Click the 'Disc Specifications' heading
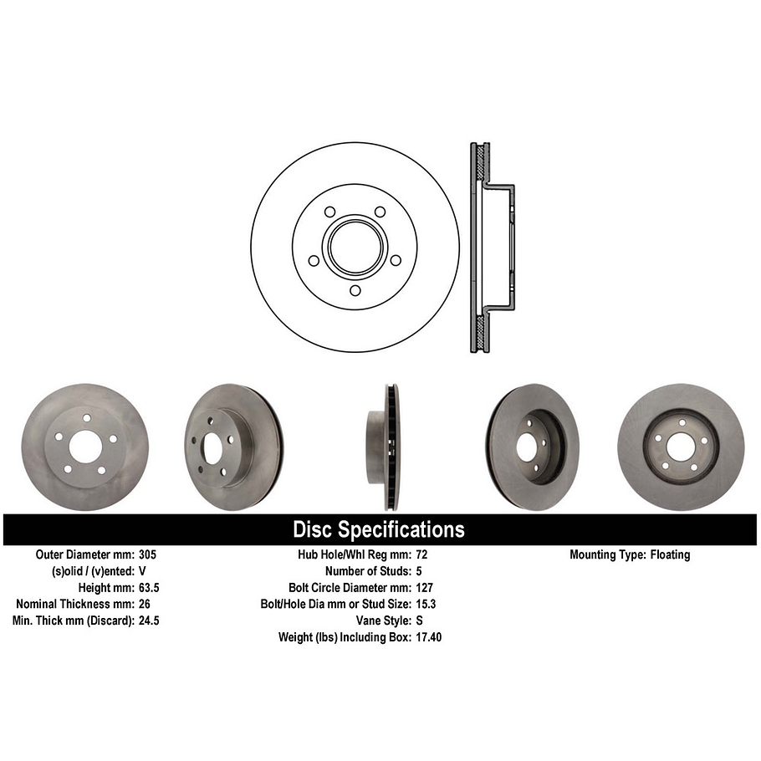coord(379,529)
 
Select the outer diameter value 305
coord(148,554)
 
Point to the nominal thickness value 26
coord(145,604)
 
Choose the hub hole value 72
coord(421,554)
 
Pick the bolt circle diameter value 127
coord(424,588)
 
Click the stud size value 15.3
coord(426,604)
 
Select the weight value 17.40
coord(429,637)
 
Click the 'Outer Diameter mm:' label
coord(84,554)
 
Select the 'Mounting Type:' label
coord(606,554)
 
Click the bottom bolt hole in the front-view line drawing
coord(355,290)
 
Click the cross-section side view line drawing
coord(489,248)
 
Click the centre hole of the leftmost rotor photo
coord(84,447)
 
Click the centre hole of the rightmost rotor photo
coord(680,447)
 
